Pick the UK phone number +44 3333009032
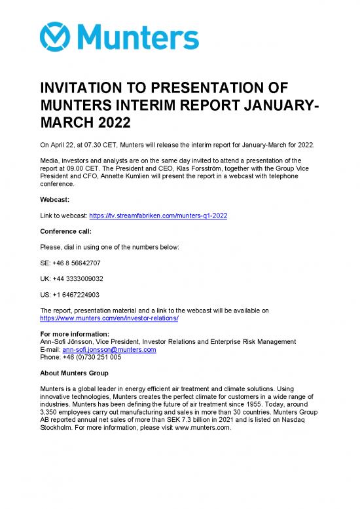point(71,278)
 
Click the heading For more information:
point(73,334)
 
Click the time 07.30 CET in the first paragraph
point(95,143)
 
